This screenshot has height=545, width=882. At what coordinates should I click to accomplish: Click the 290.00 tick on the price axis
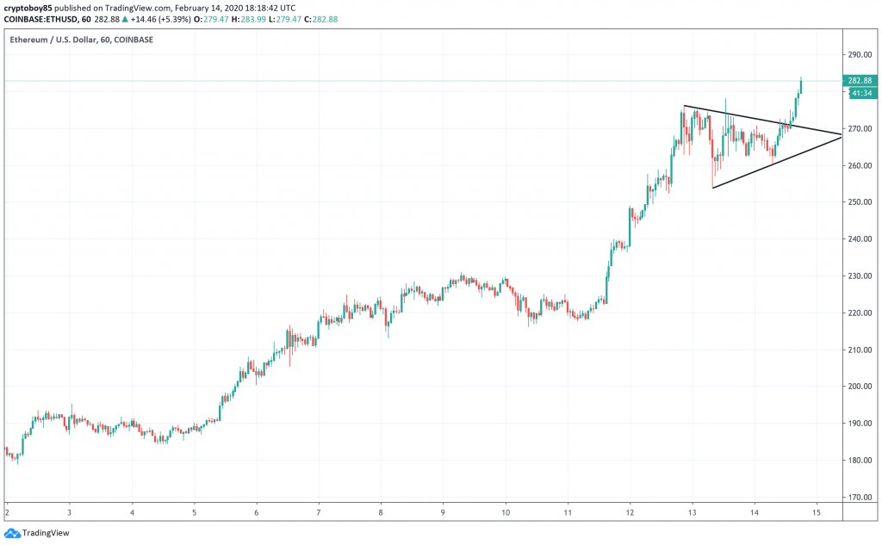(858, 55)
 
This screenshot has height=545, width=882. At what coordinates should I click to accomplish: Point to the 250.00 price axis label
(858, 202)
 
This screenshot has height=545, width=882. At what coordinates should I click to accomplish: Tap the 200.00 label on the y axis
(858, 387)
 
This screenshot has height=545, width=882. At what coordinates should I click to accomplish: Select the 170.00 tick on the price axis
(858, 497)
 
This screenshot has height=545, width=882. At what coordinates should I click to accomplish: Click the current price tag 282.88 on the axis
(860, 81)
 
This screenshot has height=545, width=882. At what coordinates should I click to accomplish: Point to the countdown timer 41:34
(860, 92)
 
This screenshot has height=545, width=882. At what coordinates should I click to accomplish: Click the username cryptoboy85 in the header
(28, 6)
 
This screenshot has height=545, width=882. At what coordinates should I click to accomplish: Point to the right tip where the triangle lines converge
(840, 135)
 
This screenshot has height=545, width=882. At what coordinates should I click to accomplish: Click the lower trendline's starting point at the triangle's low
(713, 188)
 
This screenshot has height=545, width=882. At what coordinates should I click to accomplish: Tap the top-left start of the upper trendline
(684, 106)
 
